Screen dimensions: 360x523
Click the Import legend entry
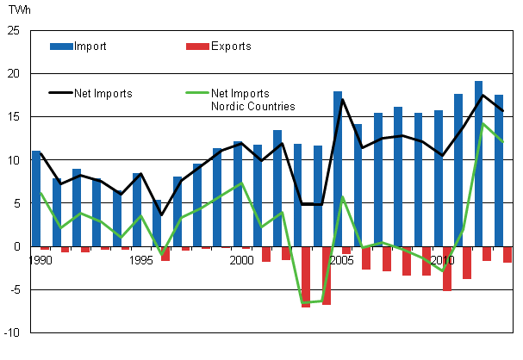tap(90, 46)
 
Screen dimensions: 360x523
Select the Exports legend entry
tap(231, 46)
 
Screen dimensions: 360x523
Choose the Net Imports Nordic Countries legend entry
tap(258, 98)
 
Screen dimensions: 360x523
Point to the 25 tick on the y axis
tap(13, 31)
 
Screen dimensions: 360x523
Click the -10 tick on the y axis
tap(11, 332)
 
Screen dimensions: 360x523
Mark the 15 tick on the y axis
tap(13, 117)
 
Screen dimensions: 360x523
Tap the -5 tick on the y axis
tap(14, 289)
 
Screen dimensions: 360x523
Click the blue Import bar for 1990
tap(36, 198)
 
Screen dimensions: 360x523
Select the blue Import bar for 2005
tap(338, 169)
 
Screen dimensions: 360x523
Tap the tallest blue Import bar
tap(478, 164)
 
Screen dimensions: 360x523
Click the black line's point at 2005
tap(342, 99)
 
